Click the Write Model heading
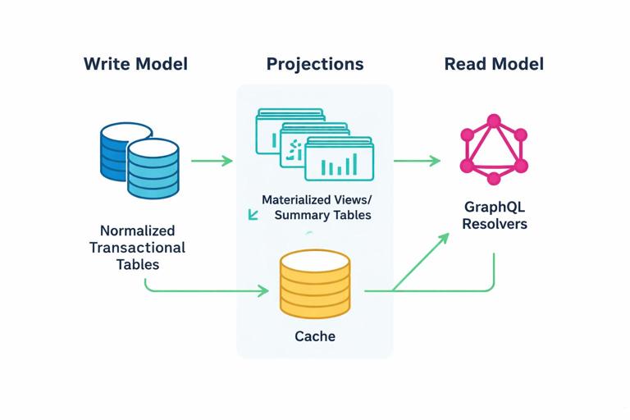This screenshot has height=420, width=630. click(135, 64)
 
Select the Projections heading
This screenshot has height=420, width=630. click(314, 64)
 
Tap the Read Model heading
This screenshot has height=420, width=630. click(494, 64)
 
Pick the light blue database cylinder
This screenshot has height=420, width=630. click(153, 169)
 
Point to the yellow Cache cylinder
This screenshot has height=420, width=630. click(314, 284)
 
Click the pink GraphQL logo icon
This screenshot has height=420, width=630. click(493, 149)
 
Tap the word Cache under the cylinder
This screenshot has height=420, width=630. click(314, 336)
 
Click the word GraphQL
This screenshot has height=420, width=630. click(494, 208)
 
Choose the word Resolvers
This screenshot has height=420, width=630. click(494, 224)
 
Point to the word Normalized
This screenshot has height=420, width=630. click(137, 231)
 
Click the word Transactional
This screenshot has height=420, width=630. click(137, 248)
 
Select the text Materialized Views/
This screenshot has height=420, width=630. click(316, 199)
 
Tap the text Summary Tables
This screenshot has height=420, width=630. click(322, 215)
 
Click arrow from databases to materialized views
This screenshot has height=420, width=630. click(212, 161)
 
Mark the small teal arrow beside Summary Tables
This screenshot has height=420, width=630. click(253, 215)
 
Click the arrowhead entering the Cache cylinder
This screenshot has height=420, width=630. click(263, 290)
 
